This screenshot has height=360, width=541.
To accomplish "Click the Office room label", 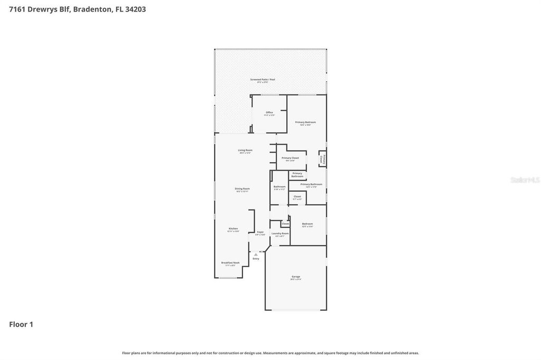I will point(269,112).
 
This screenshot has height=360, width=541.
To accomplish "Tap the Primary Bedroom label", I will point(305,122).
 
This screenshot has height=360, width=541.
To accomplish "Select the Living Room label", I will point(245,150).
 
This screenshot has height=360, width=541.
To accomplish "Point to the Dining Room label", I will point(242,189).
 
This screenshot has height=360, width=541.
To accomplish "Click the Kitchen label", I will point(233,229).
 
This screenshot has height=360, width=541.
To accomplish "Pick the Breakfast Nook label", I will point(230,263).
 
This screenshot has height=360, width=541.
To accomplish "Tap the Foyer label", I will point(260,232).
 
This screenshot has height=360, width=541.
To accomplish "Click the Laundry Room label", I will point(280,233).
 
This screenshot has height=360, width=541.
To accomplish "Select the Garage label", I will point(296,277).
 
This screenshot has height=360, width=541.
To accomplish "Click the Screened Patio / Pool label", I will point(263,80).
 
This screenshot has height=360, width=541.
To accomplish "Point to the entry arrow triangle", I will point(256,254).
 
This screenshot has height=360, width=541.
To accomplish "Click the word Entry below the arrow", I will point(256,259).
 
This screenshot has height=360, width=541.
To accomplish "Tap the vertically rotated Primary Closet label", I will point(322,159).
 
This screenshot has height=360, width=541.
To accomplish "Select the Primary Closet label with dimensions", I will point(290,158).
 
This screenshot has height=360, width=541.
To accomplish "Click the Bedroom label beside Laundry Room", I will point(307,224).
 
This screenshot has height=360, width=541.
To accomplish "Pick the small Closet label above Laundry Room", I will point(285,224).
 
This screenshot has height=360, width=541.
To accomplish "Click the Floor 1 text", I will point(21,325).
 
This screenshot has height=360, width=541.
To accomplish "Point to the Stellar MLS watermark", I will point(525,180).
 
